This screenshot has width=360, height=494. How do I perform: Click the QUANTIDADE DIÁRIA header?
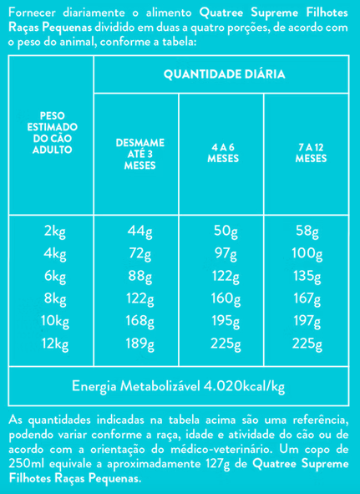225,74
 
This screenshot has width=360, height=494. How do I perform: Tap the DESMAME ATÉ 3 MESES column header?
140,154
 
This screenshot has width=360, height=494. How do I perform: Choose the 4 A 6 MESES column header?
223,153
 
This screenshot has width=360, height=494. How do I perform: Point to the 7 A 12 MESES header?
311,153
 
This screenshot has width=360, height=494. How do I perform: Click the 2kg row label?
55,233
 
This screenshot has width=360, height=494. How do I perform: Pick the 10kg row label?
55,322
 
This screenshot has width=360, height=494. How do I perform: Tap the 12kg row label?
55,344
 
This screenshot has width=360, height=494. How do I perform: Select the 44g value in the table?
139,233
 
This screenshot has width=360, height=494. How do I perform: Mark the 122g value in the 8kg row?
139,299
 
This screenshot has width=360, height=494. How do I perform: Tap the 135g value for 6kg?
307,278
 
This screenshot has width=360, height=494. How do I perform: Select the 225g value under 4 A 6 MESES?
226,344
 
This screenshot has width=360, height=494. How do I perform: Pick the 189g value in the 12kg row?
139,344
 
